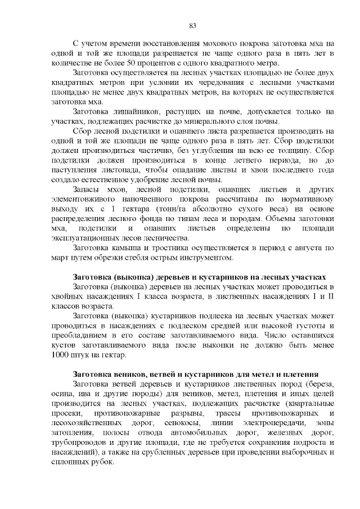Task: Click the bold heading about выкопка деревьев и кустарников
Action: point(200,278)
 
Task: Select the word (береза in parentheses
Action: point(319,384)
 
